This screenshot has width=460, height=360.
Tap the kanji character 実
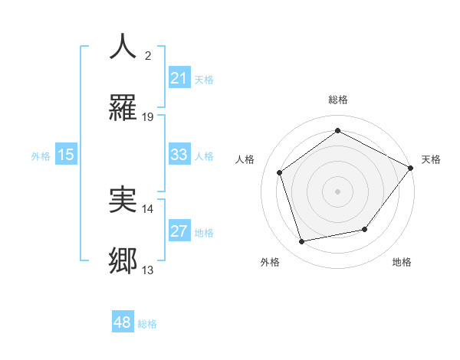click(x=123, y=200)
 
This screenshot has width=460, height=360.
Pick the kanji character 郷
click(x=123, y=261)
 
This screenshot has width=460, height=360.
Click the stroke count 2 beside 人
click(x=148, y=55)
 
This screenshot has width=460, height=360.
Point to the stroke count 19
click(x=148, y=117)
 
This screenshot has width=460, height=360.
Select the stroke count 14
click(x=148, y=208)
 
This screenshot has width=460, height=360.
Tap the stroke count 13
click(x=148, y=270)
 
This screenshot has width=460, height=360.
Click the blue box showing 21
click(x=179, y=78)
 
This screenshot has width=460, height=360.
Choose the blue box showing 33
click(x=179, y=155)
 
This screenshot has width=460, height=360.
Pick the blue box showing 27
click(x=179, y=231)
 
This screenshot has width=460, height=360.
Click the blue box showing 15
click(x=66, y=155)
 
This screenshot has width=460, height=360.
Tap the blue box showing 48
click(x=123, y=323)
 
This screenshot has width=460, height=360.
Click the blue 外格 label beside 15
click(x=41, y=155)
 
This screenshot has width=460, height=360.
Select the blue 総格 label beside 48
click(x=147, y=324)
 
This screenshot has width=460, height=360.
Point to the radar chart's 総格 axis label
click(x=338, y=100)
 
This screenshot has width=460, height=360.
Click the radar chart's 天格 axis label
click(x=431, y=159)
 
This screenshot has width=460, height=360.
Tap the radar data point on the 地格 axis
click(x=365, y=229)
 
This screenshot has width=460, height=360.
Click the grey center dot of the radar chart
click(x=338, y=191)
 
